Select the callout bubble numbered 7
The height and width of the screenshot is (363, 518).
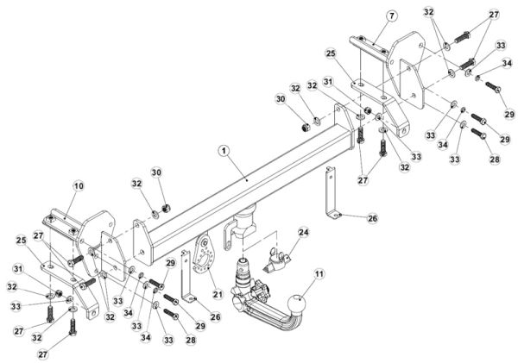click(x=368, y=16)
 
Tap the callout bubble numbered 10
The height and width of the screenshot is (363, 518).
click(x=77, y=186)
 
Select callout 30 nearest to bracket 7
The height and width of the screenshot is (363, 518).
click(x=280, y=101)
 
